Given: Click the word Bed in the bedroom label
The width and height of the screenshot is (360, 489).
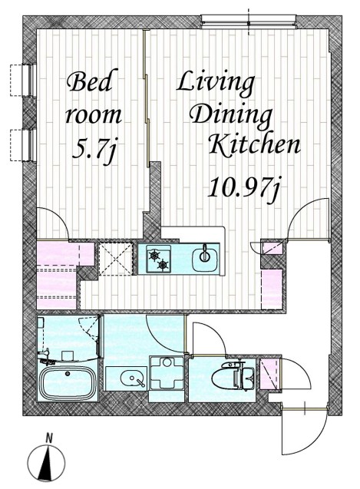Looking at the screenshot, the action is click(x=90, y=81).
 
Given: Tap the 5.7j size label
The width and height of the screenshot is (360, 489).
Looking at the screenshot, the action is click(x=94, y=150).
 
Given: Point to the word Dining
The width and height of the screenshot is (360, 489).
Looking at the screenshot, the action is click(x=231, y=117).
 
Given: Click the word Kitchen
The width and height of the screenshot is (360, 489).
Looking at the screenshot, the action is click(x=254, y=144).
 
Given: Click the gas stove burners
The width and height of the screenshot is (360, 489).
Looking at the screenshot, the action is click(x=159, y=259).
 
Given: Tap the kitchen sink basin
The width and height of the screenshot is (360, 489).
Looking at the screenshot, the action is click(x=205, y=259).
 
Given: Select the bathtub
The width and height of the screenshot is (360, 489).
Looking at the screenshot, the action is click(x=68, y=382).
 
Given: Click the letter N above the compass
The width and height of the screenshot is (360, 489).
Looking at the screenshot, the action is click(x=48, y=438).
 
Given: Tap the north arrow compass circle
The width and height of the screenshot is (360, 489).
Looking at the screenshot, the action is click(x=46, y=463).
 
